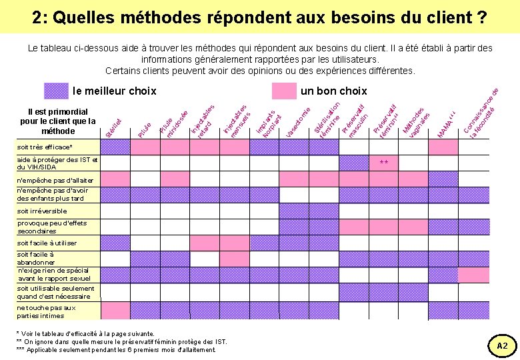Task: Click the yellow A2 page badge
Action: click(x=502, y=345)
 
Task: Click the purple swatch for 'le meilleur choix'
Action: click(x=56, y=91)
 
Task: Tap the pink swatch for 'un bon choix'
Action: click(x=284, y=91)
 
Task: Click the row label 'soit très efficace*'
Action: click(x=45, y=147)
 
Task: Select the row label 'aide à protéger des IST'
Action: click(x=57, y=163)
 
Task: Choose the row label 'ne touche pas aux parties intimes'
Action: click(x=47, y=312)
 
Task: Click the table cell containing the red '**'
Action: click(x=383, y=163)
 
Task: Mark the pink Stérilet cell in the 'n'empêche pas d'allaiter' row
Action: click(x=115, y=179)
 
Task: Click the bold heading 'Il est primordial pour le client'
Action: click(x=58, y=121)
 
